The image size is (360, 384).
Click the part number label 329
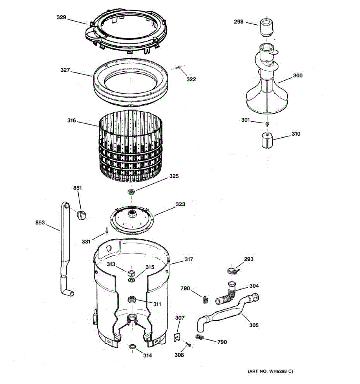click(x=61, y=17)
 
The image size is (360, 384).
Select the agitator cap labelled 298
click(x=266, y=27)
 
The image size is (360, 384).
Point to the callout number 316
click(x=72, y=121)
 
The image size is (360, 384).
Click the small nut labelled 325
click(x=131, y=192)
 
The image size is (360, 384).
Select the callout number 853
click(x=40, y=223)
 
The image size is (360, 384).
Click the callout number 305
click(x=254, y=325)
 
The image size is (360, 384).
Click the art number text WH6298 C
click(x=270, y=372)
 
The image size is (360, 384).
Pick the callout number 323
click(x=180, y=204)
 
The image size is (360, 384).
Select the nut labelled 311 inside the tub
click(x=132, y=300)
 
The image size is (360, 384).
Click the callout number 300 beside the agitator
click(x=298, y=76)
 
